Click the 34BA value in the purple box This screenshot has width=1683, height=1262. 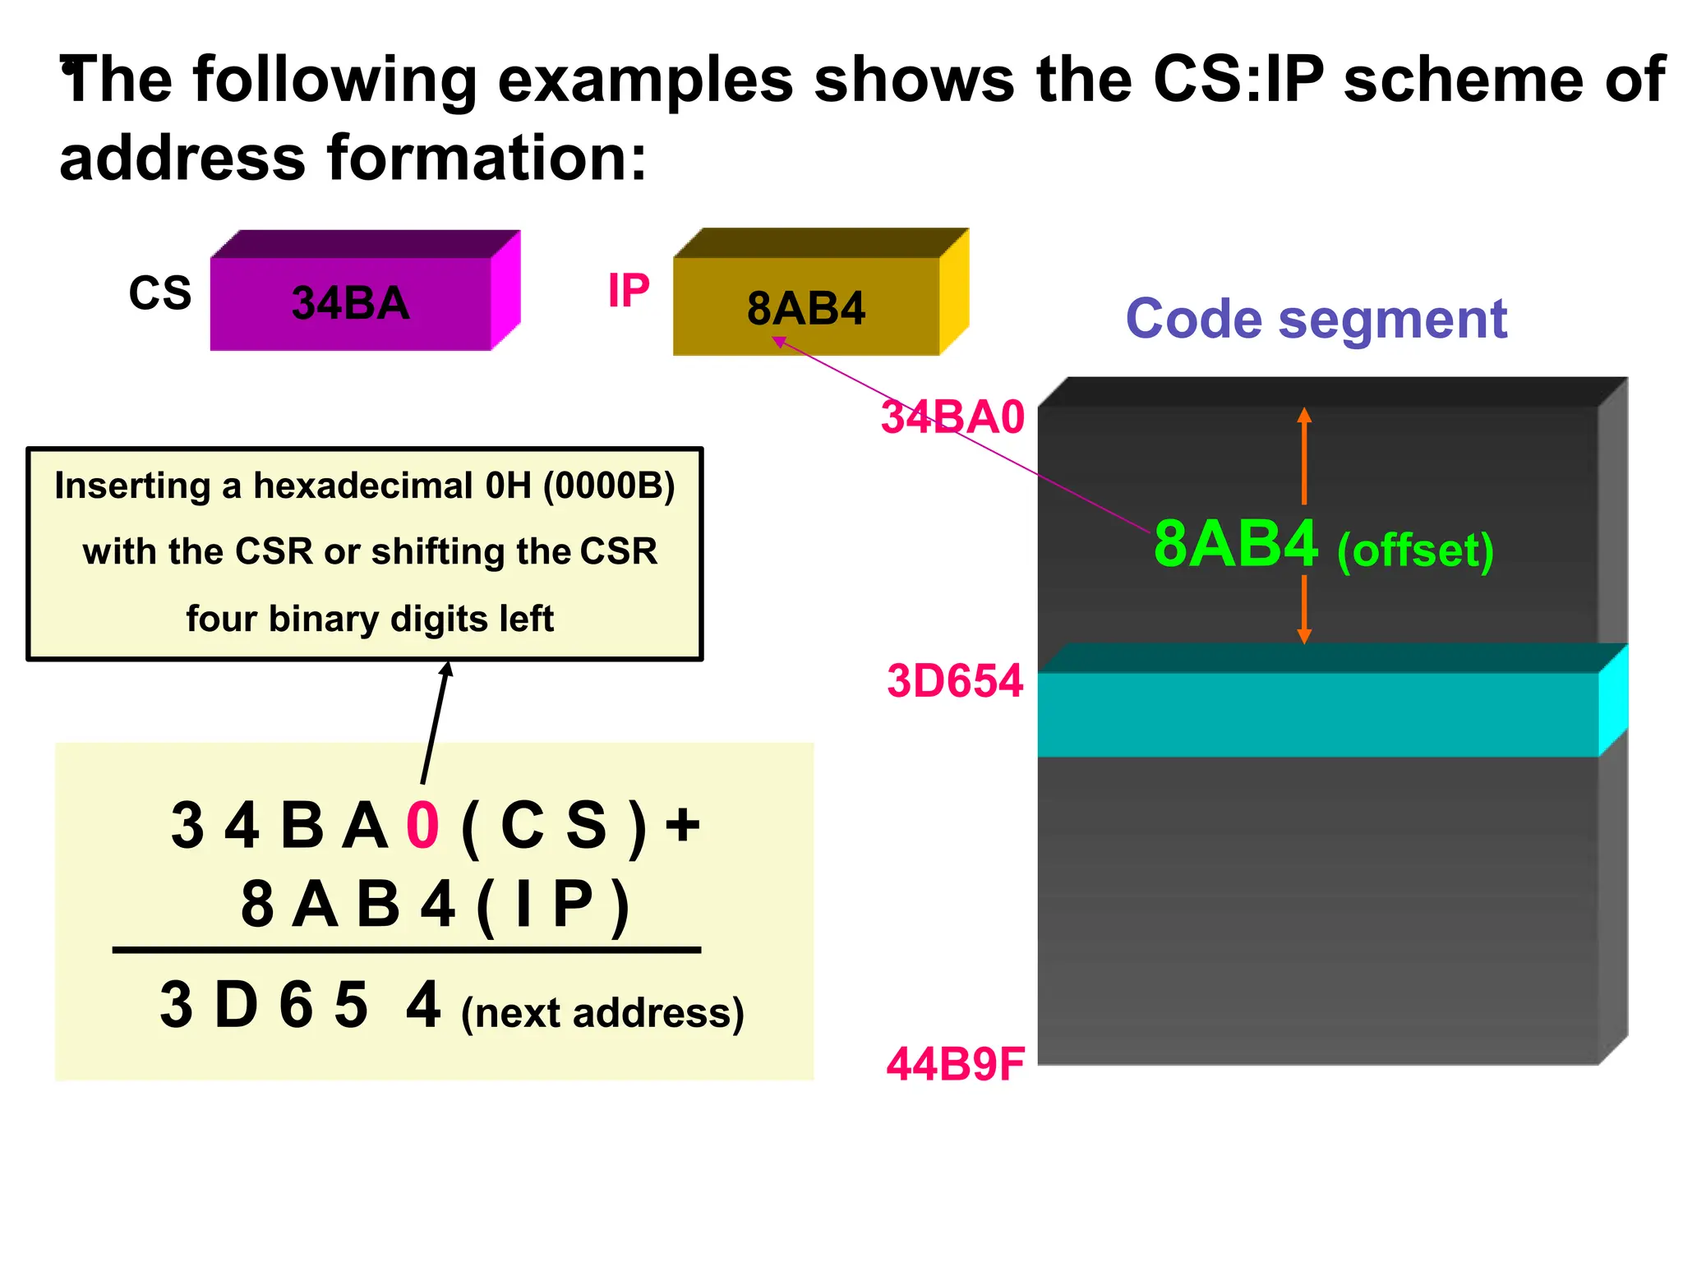[350, 303]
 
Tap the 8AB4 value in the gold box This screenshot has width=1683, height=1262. [805, 309]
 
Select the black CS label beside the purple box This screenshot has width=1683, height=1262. [159, 293]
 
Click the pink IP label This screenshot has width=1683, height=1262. [628, 290]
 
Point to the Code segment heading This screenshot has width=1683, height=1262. [1316, 319]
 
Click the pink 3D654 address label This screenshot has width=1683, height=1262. [954, 681]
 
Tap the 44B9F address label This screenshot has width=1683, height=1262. [955, 1064]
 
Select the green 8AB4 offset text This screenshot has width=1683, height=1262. [1235, 544]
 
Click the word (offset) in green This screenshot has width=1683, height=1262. [1414, 550]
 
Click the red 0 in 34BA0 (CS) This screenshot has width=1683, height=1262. [423, 825]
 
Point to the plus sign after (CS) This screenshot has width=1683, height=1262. [682, 824]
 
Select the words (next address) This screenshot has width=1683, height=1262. [602, 1013]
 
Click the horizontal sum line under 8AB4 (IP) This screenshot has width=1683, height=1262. [406, 950]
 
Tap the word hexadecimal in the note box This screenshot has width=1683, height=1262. [362, 486]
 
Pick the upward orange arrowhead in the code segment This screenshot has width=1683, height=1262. [1304, 416]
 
